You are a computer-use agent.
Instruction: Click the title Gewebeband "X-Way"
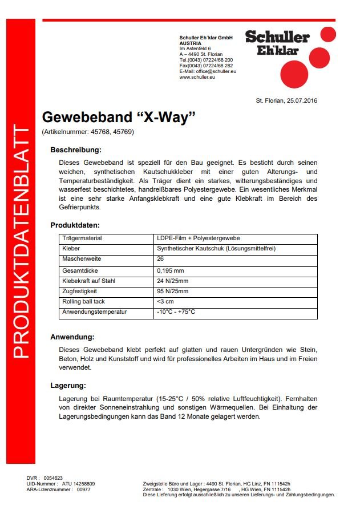click(119, 117)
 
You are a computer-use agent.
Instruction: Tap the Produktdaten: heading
click(75, 225)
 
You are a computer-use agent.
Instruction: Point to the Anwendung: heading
click(72, 337)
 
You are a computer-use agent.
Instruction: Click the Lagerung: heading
click(68, 386)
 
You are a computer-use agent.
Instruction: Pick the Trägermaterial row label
click(82, 238)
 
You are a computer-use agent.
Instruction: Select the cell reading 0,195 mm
click(171, 270)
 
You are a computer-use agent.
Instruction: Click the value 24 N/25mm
click(173, 281)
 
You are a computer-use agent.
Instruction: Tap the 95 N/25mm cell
click(173, 291)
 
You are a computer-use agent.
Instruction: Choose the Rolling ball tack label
click(83, 301)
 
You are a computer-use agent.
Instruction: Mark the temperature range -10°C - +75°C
click(176, 312)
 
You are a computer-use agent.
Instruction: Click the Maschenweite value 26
click(160, 260)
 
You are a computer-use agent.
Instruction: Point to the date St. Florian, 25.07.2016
click(286, 101)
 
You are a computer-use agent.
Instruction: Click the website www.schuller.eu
click(197, 77)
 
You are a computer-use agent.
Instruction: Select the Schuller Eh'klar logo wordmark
click(277, 43)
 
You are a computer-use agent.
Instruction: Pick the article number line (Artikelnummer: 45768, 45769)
click(88, 132)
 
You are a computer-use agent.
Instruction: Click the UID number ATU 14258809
click(78, 484)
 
